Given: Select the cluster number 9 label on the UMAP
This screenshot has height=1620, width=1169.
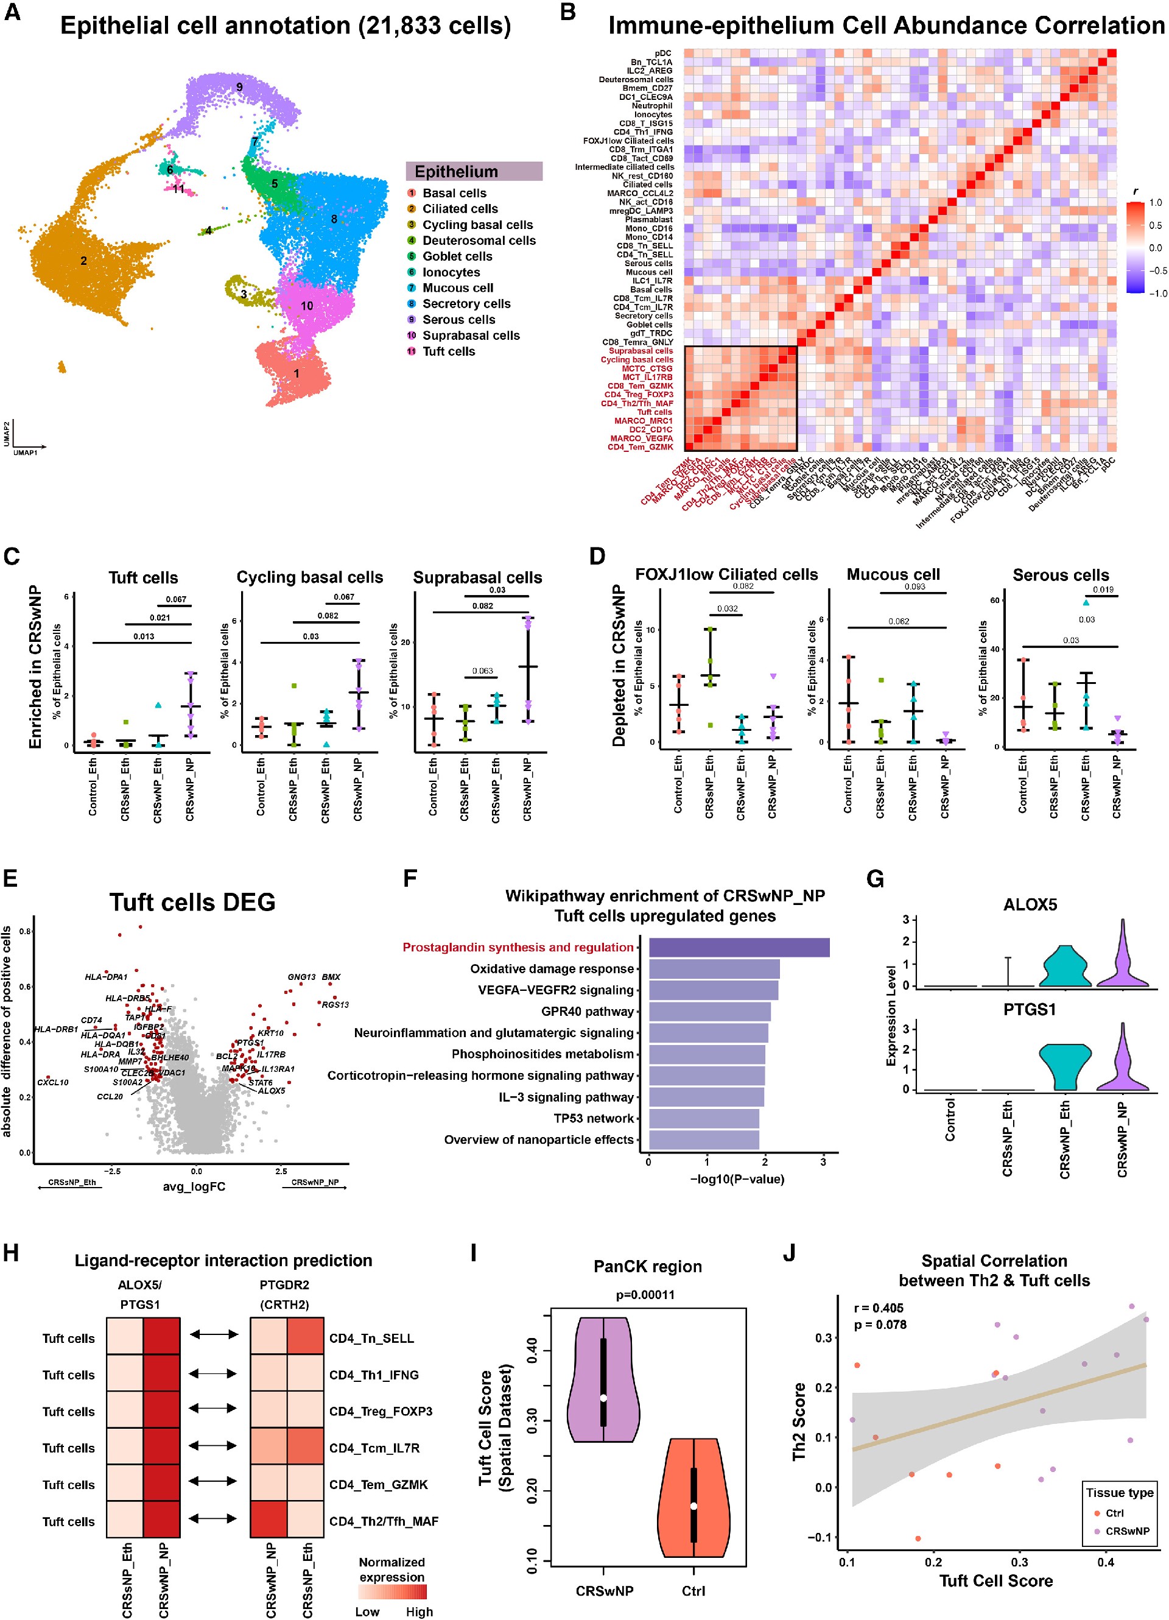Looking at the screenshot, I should (239, 87).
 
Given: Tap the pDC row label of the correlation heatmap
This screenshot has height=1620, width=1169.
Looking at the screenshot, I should (662, 54).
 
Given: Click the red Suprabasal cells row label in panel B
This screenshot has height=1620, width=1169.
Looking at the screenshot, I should (641, 351).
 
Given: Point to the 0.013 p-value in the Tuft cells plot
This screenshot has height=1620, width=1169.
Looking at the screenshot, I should (144, 636).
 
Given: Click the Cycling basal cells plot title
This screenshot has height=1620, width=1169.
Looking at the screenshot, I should (309, 577).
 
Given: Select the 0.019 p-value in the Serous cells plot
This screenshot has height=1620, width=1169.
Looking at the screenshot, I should (1103, 590).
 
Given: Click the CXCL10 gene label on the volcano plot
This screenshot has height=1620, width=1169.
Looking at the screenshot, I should (53, 1082).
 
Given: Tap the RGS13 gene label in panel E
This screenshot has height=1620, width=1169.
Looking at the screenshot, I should (335, 1004).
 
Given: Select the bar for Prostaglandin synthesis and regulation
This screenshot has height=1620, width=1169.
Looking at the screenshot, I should (739, 947).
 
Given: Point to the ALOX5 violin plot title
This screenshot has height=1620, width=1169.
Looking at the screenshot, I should (1030, 905).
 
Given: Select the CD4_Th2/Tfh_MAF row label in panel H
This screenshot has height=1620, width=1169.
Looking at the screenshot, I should (384, 1521).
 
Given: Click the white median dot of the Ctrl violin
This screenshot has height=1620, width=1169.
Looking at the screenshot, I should (693, 1506).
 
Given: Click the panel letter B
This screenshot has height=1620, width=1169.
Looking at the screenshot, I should (567, 12).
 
